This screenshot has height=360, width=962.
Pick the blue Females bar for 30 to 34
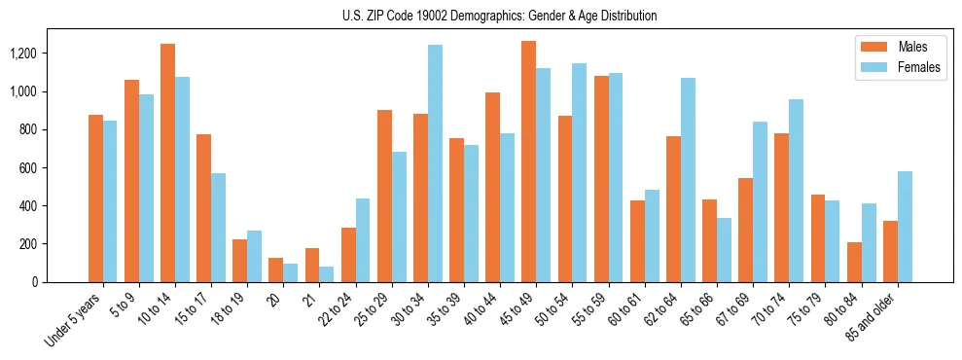click(x=435, y=163)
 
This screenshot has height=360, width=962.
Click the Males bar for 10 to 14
click(x=167, y=162)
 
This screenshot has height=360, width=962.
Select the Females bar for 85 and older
click(x=905, y=227)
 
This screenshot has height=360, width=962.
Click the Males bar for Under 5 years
click(x=95, y=198)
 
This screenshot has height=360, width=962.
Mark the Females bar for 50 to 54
click(x=580, y=172)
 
